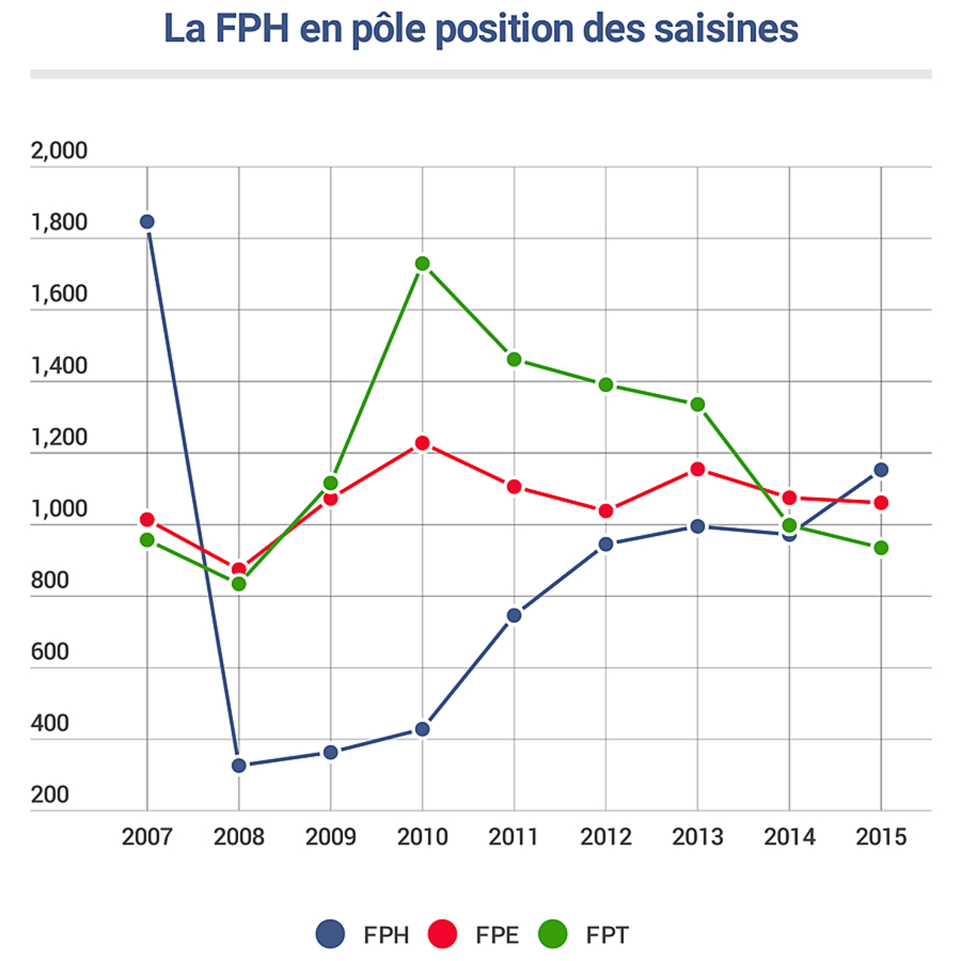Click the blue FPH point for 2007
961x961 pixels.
tap(147, 221)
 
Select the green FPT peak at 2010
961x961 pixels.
tap(422, 264)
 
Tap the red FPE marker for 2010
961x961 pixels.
tap(422, 444)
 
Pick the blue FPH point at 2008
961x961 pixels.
tap(239, 766)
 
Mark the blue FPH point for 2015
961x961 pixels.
tap(881, 470)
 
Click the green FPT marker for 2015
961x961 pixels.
tap(881, 548)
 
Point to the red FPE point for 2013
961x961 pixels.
tap(697, 469)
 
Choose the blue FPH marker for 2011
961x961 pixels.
tap(514, 616)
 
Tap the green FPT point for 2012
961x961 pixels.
tap(606, 385)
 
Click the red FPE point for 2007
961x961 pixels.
tap(147, 520)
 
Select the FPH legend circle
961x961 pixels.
tap(330, 934)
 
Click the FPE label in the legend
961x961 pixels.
tap(497, 935)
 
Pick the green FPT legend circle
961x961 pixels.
tap(553, 934)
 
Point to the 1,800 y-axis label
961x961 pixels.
tap(59, 223)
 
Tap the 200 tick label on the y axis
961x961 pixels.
tap(50, 794)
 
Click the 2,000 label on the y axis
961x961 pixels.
tap(59, 151)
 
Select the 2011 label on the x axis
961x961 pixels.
tap(514, 836)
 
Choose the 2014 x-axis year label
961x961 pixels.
tap(789, 836)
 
